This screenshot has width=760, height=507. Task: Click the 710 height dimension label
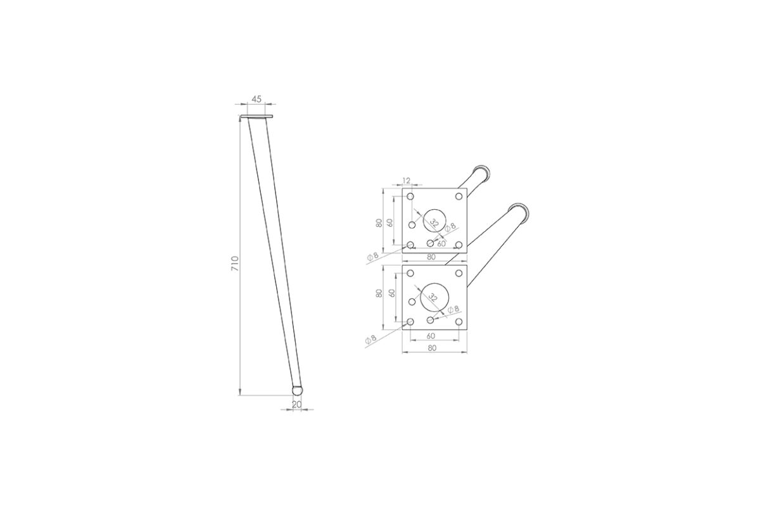point(235,263)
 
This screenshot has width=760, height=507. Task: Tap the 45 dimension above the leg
point(256,99)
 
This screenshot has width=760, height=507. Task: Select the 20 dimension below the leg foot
point(296,404)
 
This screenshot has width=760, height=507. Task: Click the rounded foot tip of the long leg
point(297,390)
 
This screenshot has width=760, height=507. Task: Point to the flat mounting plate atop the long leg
point(256,117)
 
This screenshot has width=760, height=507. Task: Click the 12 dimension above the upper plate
point(407,181)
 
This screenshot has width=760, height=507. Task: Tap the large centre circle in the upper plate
point(434,221)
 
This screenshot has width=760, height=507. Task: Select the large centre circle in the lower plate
point(434,297)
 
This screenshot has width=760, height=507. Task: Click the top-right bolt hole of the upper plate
point(459,196)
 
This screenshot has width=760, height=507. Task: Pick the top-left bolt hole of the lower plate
point(410,273)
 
